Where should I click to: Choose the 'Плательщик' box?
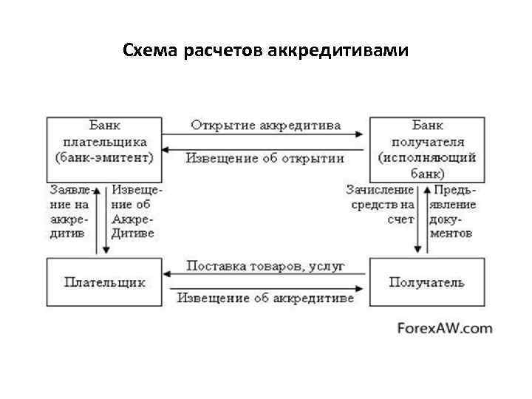[104, 282]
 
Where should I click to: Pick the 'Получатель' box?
[427, 282]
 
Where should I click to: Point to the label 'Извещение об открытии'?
[265, 158]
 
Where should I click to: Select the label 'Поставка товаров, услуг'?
[265, 265]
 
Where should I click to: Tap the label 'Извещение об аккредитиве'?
[265, 299]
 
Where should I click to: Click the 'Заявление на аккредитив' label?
[69, 211]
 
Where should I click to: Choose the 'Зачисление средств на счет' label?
[381, 205]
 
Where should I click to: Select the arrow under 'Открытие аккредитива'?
[265, 134]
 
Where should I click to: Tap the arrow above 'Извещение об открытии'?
[265, 149]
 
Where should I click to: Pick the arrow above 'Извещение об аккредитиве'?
[265, 289]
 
